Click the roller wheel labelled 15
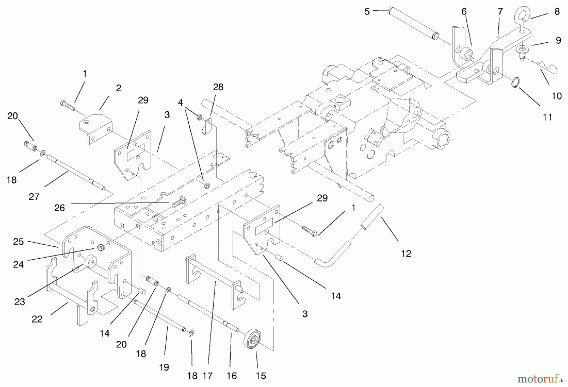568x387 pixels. [254, 339]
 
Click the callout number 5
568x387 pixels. [367, 12]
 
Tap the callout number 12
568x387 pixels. [406, 254]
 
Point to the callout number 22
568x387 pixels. [37, 319]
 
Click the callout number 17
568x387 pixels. [207, 376]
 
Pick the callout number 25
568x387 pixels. [18, 242]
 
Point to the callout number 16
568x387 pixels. [232, 376]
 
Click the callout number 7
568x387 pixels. [500, 12]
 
